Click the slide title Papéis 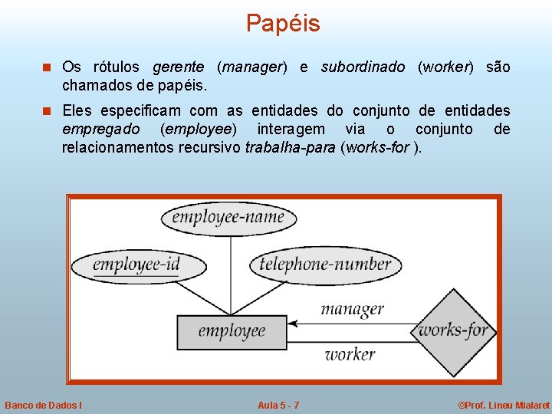pos(283,24)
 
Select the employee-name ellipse pos(228,218)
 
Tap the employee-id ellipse pos(138,266)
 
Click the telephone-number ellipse pos(326,265)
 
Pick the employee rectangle pos(231,332)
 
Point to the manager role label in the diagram pos(352,309)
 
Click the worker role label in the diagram pos(350,354)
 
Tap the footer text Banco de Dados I pos(44,405)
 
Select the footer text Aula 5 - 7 pos(278,405)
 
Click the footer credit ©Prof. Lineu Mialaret pos(503,405)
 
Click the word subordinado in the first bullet pos(363,67)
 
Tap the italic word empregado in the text pos(100,129)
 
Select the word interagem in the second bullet pos(291,129)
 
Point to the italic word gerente pos(178,67)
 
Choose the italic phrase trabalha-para pos(290,147)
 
